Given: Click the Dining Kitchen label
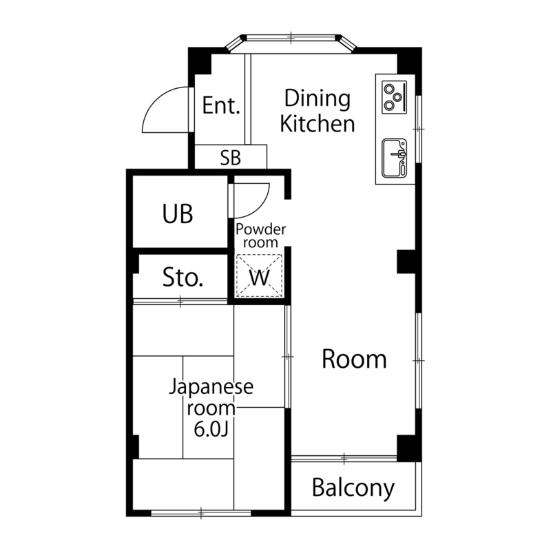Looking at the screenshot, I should click(319, 111).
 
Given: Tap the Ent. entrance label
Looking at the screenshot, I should click(221, 106).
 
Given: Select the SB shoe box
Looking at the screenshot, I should click(231, 158).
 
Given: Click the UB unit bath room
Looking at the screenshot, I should click(178, 214).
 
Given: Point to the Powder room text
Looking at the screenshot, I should click(260, 236).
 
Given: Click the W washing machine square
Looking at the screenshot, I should click(259, 277).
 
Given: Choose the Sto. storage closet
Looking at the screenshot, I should click(183, 278).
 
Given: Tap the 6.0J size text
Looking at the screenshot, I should click(211, 429).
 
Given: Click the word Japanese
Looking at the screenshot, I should click(211, 386).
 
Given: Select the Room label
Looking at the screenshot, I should click(354, 359).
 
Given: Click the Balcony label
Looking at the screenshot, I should click(353, 488).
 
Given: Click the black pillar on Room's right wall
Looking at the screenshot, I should click(408, 262).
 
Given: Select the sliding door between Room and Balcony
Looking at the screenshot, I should click(344, 458).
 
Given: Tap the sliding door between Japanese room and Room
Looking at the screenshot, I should click(288, 356).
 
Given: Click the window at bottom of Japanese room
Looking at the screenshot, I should click(200, 513).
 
